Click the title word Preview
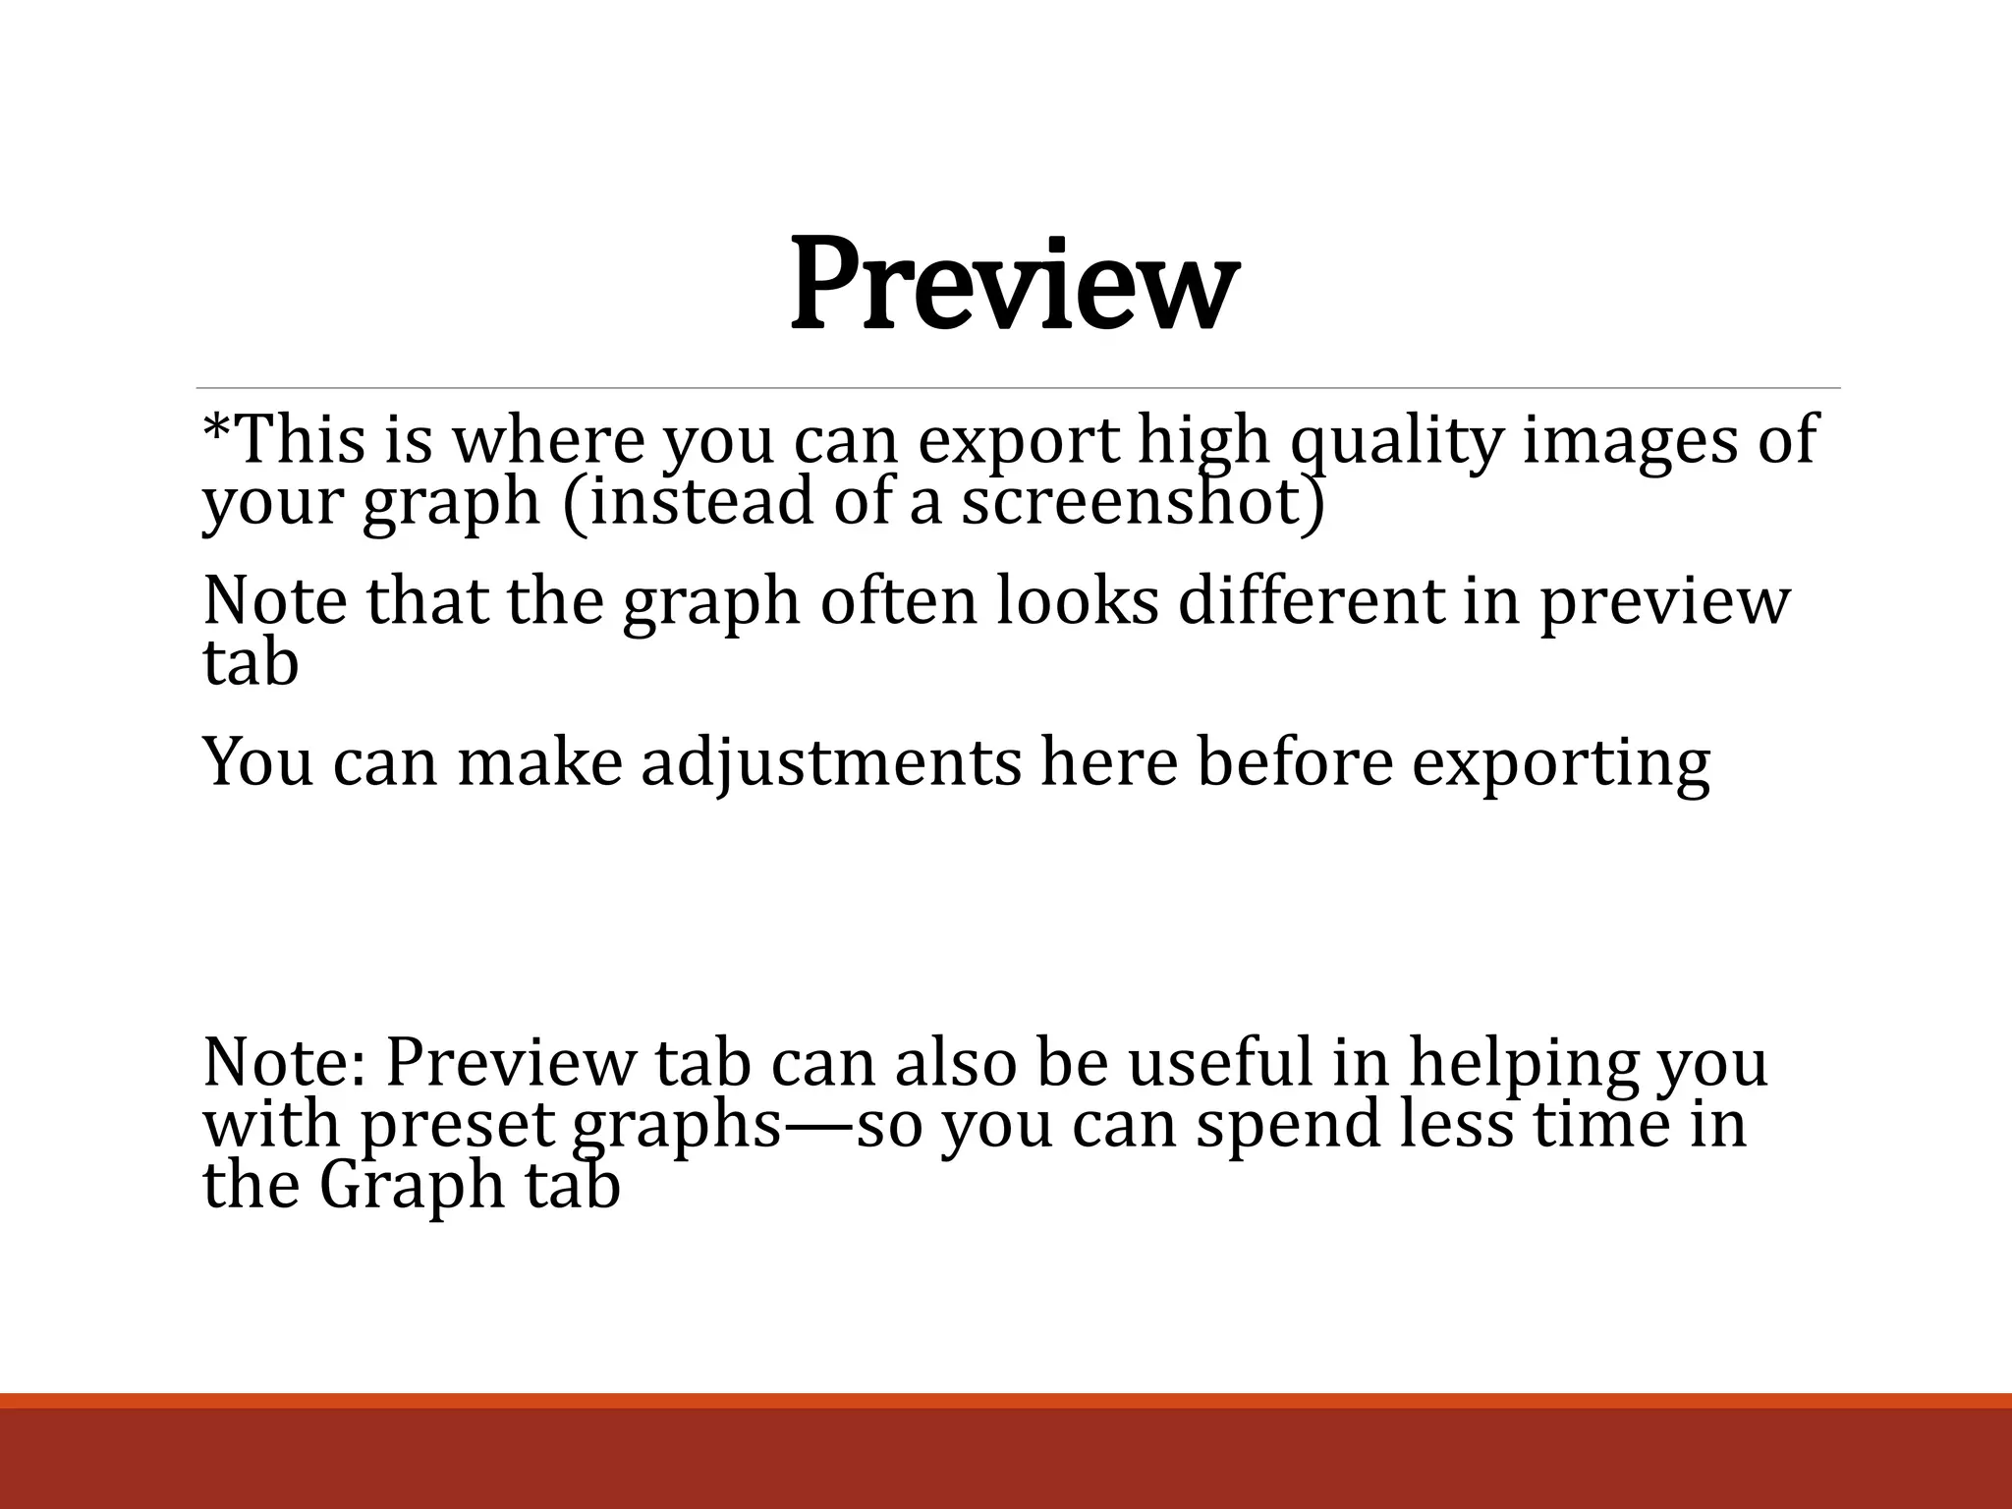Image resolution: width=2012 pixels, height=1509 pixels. pyautogui.click(x=1013, y=286)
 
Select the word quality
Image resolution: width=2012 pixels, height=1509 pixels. pyautogui.click(x=1396, y=442)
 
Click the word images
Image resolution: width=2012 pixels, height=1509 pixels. pyautogui.click(x=1630, y=442)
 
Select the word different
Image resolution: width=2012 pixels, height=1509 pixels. pyautogui.click(x=1311, y=601)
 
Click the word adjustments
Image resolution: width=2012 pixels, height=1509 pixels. pyautogui.click(x=831, y=764)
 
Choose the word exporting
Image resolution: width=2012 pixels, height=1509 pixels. pyautogui.click(x=1561, y=764)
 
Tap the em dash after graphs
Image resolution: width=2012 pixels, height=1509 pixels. pyautogui.click(x=819, y=1126)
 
